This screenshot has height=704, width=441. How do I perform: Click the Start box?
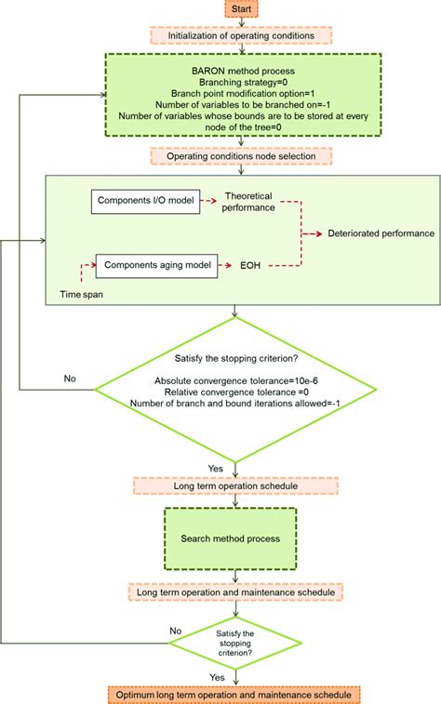[x=241, y=8]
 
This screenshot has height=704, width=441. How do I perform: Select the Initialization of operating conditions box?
[x=241, y=36]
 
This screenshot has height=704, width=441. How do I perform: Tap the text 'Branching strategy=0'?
[x=241, y=81]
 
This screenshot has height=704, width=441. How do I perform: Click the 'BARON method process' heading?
[x=241, y=69]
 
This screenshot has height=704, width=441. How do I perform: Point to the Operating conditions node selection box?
[x=241, y=156]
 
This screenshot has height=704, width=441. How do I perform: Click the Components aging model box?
[x=156, y=265]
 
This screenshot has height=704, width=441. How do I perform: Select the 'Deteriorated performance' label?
[x=380, y=232]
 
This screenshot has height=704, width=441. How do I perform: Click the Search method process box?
[x=241, y=539]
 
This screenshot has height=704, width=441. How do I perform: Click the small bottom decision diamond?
[x=241, y=642]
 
